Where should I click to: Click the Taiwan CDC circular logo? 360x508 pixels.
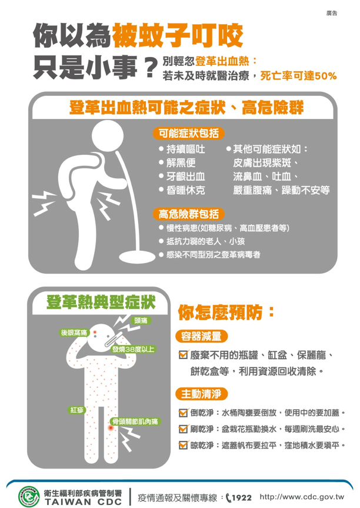click(x=29, y=496)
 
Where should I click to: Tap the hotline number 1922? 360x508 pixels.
click(x=242, y=497)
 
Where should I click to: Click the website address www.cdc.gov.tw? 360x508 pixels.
click(x=302, y=497)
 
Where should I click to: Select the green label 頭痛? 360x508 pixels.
click(x=141, y=320)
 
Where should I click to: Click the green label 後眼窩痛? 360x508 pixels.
click(x=74, y=333)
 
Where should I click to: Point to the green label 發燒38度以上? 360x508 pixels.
click(x=134, y=349)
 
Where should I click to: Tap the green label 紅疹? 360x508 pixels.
click(x=76, y=410)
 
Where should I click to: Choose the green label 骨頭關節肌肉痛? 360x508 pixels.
click(x=135, y=421)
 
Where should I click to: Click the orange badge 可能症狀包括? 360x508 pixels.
click(x=188, y=133)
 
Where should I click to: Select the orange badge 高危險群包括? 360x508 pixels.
click(x=188, y=214)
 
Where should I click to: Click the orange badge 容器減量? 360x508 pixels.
click(x=201, y=336)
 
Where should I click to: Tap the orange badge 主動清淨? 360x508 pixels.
click(x=201, y=394)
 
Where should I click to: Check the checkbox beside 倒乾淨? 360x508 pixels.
click(x=184, y=413)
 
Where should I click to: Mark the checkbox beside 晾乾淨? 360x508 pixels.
click(x=184, y=445)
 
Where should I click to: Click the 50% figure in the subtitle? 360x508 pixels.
click(x=326, y=76)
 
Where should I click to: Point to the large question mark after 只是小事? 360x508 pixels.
click(x=149, y=67)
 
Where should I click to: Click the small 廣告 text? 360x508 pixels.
click(x=332, y=14)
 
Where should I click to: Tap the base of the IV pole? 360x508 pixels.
click(x=137, y=256)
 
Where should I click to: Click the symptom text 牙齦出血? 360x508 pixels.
click(x=185, y=177)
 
